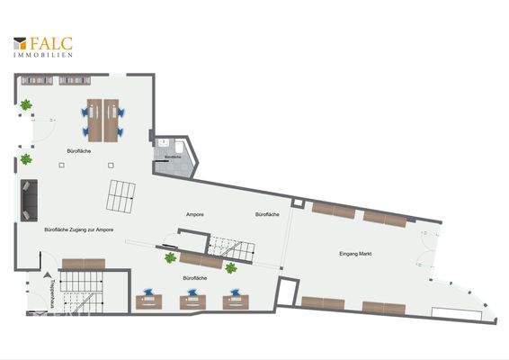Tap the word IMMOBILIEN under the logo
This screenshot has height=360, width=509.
tap(43, 55)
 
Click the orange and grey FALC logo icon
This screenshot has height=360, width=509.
tap(20, 42)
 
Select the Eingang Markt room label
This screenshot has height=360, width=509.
tap(356, 255)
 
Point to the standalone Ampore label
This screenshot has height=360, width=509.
tap(193, 214)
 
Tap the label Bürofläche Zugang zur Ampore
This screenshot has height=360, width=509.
tap(78, 230)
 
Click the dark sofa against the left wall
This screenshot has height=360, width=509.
tap(29, 199)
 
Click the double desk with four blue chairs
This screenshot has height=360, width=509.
tap(103, 117)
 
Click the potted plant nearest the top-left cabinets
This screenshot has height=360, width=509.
tap(27, 104)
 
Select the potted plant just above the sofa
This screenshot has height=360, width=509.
tap(26, 159)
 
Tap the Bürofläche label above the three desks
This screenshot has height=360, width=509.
tap(194, 279)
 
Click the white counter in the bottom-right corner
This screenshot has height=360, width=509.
tap(460, 312)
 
